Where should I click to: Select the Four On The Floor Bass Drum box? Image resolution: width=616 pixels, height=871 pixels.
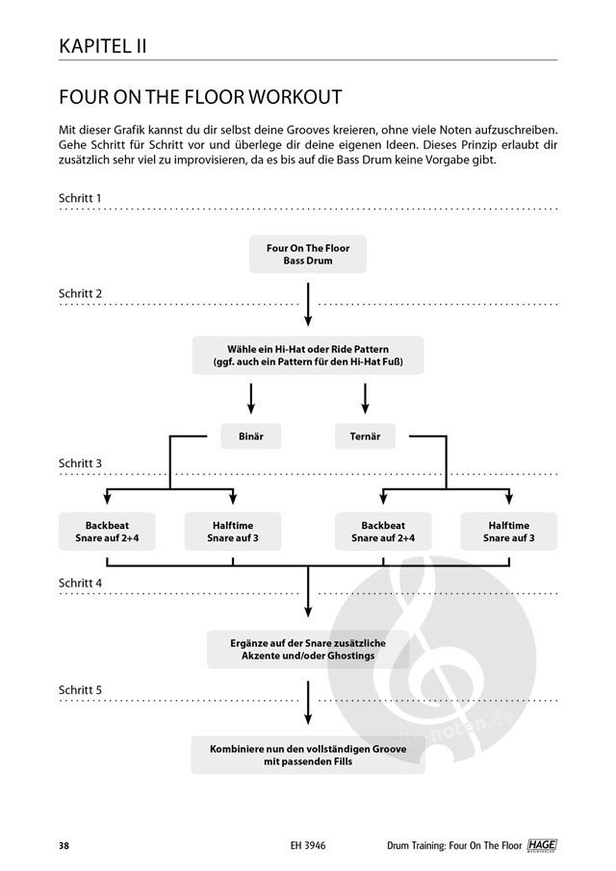pos(308,254)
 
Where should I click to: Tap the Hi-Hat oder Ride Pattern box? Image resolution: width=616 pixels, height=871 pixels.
pos(308,356)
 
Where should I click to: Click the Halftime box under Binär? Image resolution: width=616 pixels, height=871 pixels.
pos(233,531)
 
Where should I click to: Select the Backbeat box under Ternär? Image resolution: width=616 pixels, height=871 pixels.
pos(383,531)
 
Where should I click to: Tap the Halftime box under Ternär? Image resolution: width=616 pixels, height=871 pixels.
pos(510,531)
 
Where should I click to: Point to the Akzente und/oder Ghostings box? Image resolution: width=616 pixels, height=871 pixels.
pos(308,649)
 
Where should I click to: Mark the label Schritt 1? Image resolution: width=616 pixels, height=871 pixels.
pos(81,198)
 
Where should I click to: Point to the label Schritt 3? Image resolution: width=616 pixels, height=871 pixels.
pos(81,463)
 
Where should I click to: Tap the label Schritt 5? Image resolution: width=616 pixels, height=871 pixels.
pos(81,689)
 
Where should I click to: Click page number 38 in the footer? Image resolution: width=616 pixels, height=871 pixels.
pos(63,845)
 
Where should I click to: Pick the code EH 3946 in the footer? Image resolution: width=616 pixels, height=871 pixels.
pos(308,845)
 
